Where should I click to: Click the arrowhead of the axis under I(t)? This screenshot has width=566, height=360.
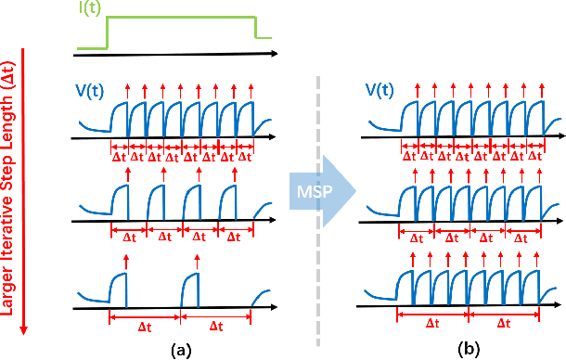tap(274, 52)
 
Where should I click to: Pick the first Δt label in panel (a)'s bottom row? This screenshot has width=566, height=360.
tap(145, 326)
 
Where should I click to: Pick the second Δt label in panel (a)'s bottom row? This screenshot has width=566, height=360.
tap(216, 326)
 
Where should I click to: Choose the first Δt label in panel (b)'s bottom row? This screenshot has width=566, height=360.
tap(432, 326)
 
